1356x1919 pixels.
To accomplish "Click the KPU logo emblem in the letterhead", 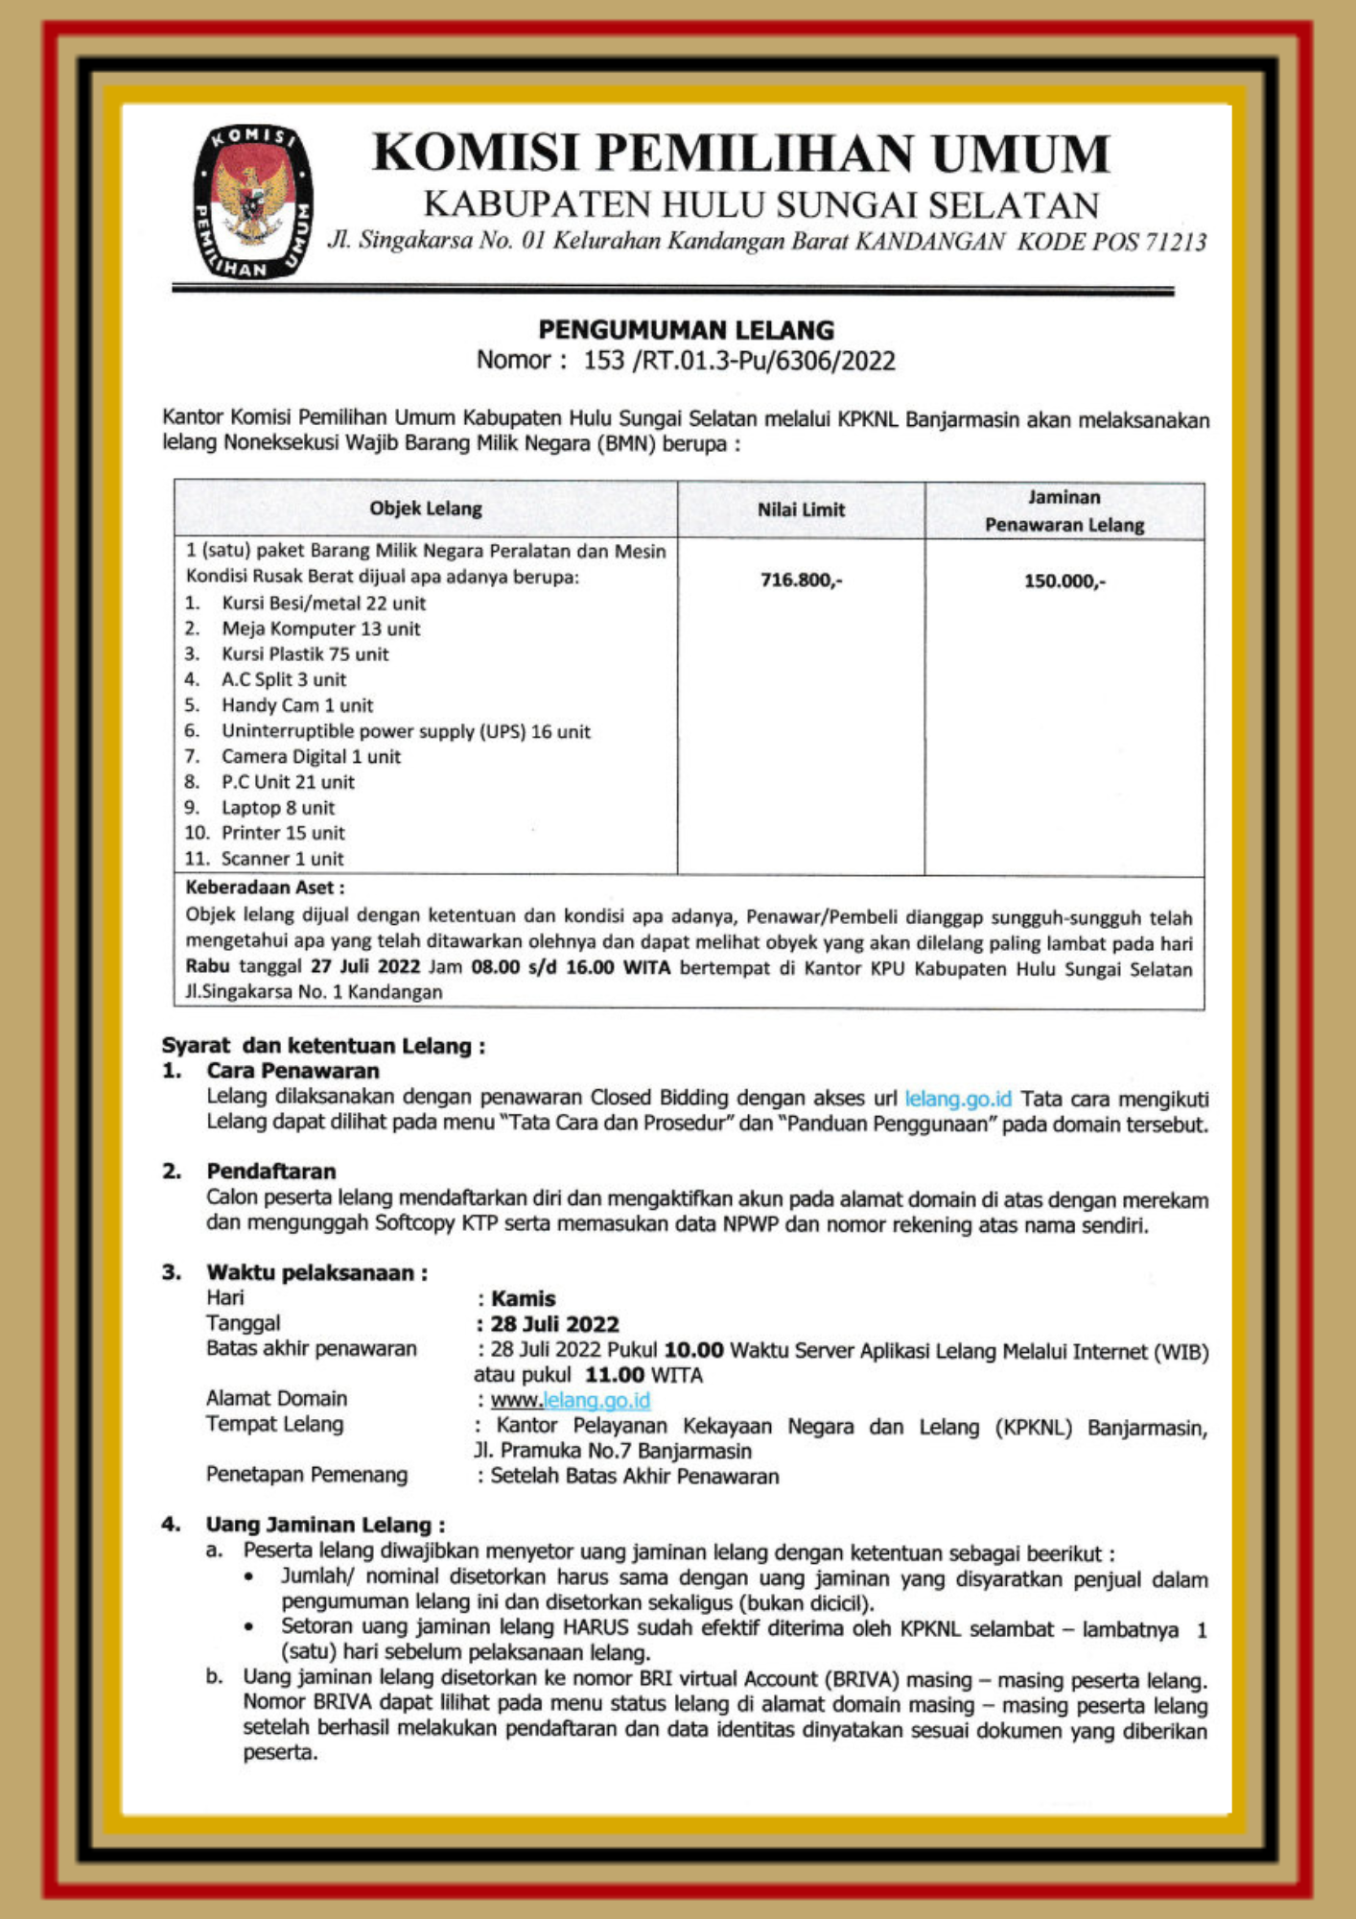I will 252,202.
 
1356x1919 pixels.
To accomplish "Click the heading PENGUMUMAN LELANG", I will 686,330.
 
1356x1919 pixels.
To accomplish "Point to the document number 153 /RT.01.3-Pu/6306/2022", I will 739,361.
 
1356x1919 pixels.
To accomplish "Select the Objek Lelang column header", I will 426,509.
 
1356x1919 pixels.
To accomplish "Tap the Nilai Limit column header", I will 801,509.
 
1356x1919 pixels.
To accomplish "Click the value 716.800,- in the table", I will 801,580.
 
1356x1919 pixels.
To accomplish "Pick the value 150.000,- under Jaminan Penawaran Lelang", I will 1064,580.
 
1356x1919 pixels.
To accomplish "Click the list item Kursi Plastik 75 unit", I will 305,654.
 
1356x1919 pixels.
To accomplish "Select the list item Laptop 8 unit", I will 278,808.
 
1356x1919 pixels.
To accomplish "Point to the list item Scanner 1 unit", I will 282,859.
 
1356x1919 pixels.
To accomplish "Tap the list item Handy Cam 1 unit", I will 297,705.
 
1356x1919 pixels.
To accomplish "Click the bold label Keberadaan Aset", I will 265,888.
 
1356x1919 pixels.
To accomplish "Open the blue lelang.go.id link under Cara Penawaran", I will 957,1098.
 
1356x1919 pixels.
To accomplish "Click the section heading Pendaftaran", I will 271,1171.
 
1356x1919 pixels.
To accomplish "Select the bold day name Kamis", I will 524,1298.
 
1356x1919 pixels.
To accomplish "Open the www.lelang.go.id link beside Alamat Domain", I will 571,1401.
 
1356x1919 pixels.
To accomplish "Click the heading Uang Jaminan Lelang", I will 325,1524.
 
